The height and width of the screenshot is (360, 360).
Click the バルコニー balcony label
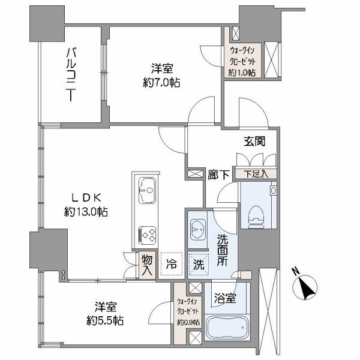[71, 74]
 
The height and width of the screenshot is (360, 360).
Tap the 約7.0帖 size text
[161, 83]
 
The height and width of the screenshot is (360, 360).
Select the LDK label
[86, 198]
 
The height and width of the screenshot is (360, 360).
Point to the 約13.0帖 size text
[86, 212]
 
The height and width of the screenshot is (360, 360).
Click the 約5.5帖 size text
[105, 320]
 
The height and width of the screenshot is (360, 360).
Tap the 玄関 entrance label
[254, 141]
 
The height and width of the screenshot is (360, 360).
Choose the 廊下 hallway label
[218, 175]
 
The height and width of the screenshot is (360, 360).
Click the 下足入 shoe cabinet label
[256, 174]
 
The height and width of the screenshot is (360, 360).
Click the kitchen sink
[147, 190]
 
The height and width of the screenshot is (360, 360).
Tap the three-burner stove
[148, 235]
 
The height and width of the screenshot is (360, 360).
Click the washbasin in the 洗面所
[198, 230]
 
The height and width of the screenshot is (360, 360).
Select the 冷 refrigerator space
[172, 264]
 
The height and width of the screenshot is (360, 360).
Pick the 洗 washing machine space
[199, 265]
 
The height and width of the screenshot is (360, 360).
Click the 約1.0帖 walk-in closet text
[242, 73]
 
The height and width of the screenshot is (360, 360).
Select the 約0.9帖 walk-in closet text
[188, 323]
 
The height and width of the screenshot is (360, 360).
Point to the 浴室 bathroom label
[225, 298]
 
